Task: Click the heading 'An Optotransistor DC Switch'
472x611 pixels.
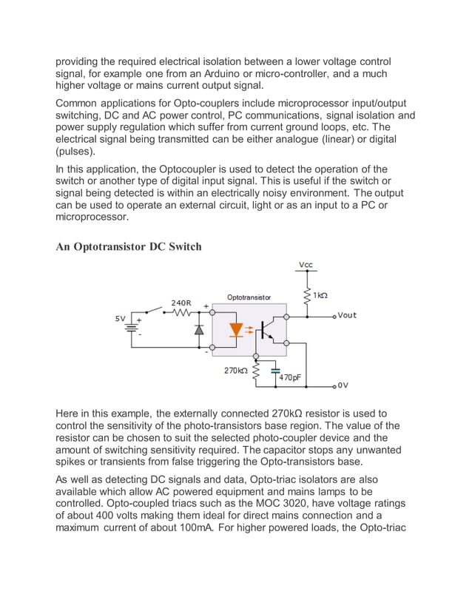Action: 129,246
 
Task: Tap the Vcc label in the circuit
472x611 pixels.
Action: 306,266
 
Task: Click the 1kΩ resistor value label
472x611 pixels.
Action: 320,295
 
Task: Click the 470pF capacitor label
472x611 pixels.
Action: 289,377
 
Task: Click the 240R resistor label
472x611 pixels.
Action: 182,303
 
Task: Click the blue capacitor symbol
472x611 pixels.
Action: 275,368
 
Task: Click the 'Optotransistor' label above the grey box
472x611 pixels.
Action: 249,297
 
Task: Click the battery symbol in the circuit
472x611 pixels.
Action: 133,328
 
